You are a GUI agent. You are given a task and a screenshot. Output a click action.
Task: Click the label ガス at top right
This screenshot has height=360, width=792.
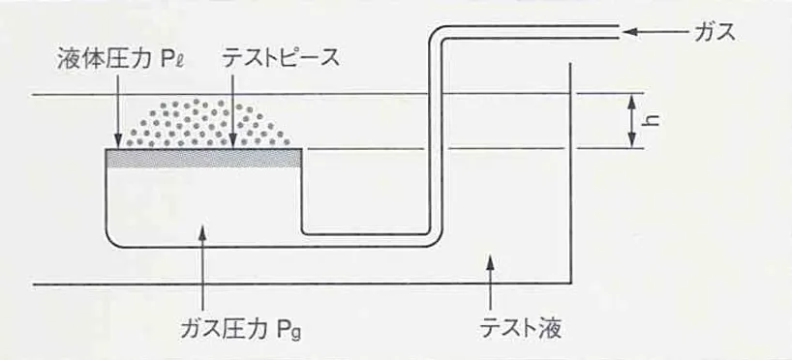click(715, 31)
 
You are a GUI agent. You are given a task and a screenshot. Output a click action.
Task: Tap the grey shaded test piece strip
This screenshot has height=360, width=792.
click(203, 158)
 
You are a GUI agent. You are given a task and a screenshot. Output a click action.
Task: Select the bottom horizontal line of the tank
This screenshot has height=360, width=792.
click(290, 285)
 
